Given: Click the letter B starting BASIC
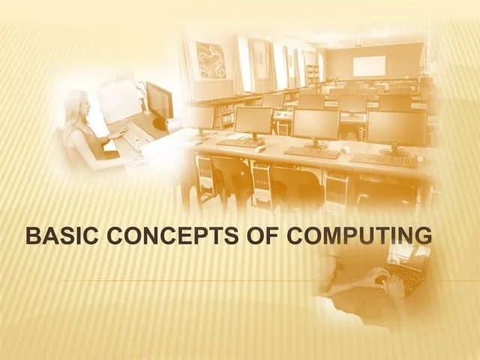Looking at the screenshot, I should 31,236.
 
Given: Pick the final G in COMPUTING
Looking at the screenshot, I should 424,236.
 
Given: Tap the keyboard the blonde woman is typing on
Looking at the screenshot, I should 135,136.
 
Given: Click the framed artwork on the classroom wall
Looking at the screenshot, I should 211,59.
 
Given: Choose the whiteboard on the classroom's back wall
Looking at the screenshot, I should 369,66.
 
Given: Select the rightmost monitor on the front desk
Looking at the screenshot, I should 396,128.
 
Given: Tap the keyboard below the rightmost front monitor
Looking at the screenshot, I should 384,160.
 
